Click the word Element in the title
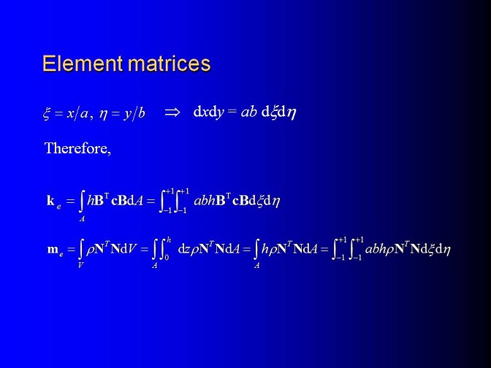click(83, 64)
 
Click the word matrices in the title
click(170, 64)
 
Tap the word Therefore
click(77, 147)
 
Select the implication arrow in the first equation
click(172, 112)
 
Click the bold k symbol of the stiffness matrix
click(50, 200)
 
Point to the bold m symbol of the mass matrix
click(53, 250)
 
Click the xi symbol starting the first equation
click(46, 112)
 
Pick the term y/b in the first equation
click(134, 113)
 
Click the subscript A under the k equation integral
click(82, 219)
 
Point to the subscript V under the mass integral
click(81, 265)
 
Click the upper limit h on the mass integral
click(169, 239)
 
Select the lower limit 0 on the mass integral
click(167, 257)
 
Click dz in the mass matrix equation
click(183, 249)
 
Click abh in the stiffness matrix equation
click(205, 200)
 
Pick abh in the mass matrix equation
click(376, 249)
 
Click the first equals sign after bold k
click(70, 201)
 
